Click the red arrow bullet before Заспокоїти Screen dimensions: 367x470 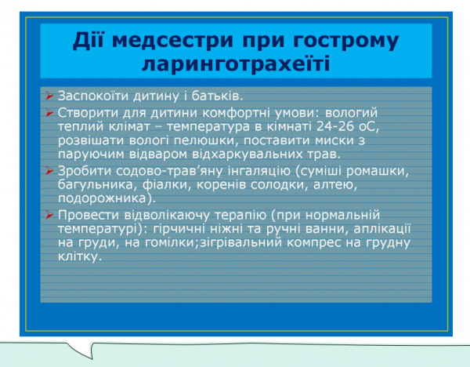[49, 97]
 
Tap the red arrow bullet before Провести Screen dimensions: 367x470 [49, 214]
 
